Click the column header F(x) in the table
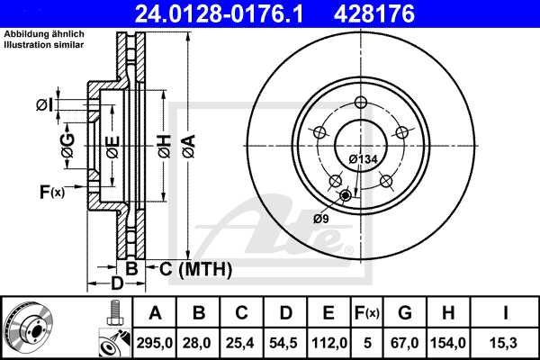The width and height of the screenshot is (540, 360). pyautogui.click(x=367, y=313)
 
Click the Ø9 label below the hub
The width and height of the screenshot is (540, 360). pyautogui.click(x=321, y=219)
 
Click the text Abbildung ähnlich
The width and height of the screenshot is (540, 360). pyautogui.click(x=44, y=34)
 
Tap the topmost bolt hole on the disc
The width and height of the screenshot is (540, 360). pyautogui.click(x=361, y=102)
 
